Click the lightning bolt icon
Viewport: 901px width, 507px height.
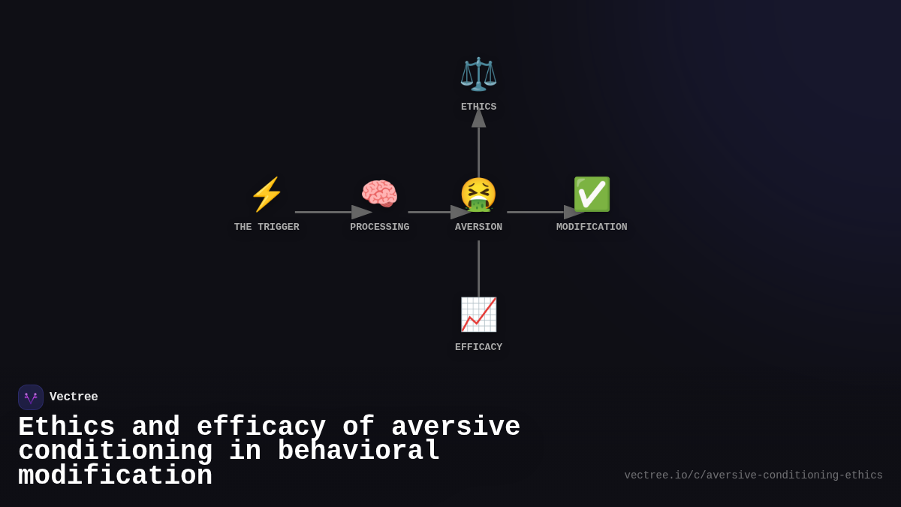pyautogui.click(x=267, y=195)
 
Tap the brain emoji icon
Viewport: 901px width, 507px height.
pyautogui.click(x=379, y=195)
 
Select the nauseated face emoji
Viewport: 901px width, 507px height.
pyautogui.click(x=478, y=195)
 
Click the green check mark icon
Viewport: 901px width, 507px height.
pyautogui.click(x=592, y=195)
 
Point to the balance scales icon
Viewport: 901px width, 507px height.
pyautogui.click(x=478, y=74)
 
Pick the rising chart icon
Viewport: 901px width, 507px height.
pyautogui.click(x=478, y=315)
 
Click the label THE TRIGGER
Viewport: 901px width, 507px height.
pyautogui.click(x=267, y=227)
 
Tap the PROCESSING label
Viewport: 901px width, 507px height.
pyautogui.click(x=379, y=227)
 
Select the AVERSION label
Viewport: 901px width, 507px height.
pyautogui.click(x=478, y=227)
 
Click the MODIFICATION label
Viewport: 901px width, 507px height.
pyautogui.click(x=592, y=227)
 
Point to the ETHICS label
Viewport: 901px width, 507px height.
pyautogui.click(x=478, y=107)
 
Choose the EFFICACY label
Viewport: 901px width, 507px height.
pyautogui.click(x=478, y=347)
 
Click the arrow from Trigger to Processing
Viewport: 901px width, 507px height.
pyautogui.click(x=330, y=212)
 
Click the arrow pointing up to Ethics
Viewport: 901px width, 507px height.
pyautogui.click(x=478, y=146)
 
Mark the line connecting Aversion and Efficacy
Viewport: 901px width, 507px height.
pyautogui.click(x=478, y=268)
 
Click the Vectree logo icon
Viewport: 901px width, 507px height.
pyautogui.click(x=31, y=397)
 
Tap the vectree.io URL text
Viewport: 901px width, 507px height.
pyautogui.click(x=753, y=475)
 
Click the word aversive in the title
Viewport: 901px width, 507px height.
pyautogui.click(x=456, y=427)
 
